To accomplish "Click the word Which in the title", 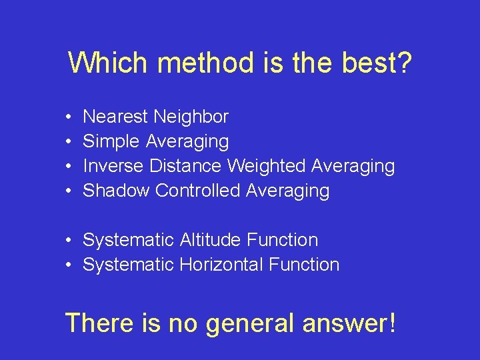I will [x=109, y=63].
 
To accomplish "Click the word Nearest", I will [x=115, y=117].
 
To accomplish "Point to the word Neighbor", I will [x=191, y=117].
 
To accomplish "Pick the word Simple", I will [x=111, y=141].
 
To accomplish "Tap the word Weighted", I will [x=267, y=165].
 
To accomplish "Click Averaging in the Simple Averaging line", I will [x=187, y=141].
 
